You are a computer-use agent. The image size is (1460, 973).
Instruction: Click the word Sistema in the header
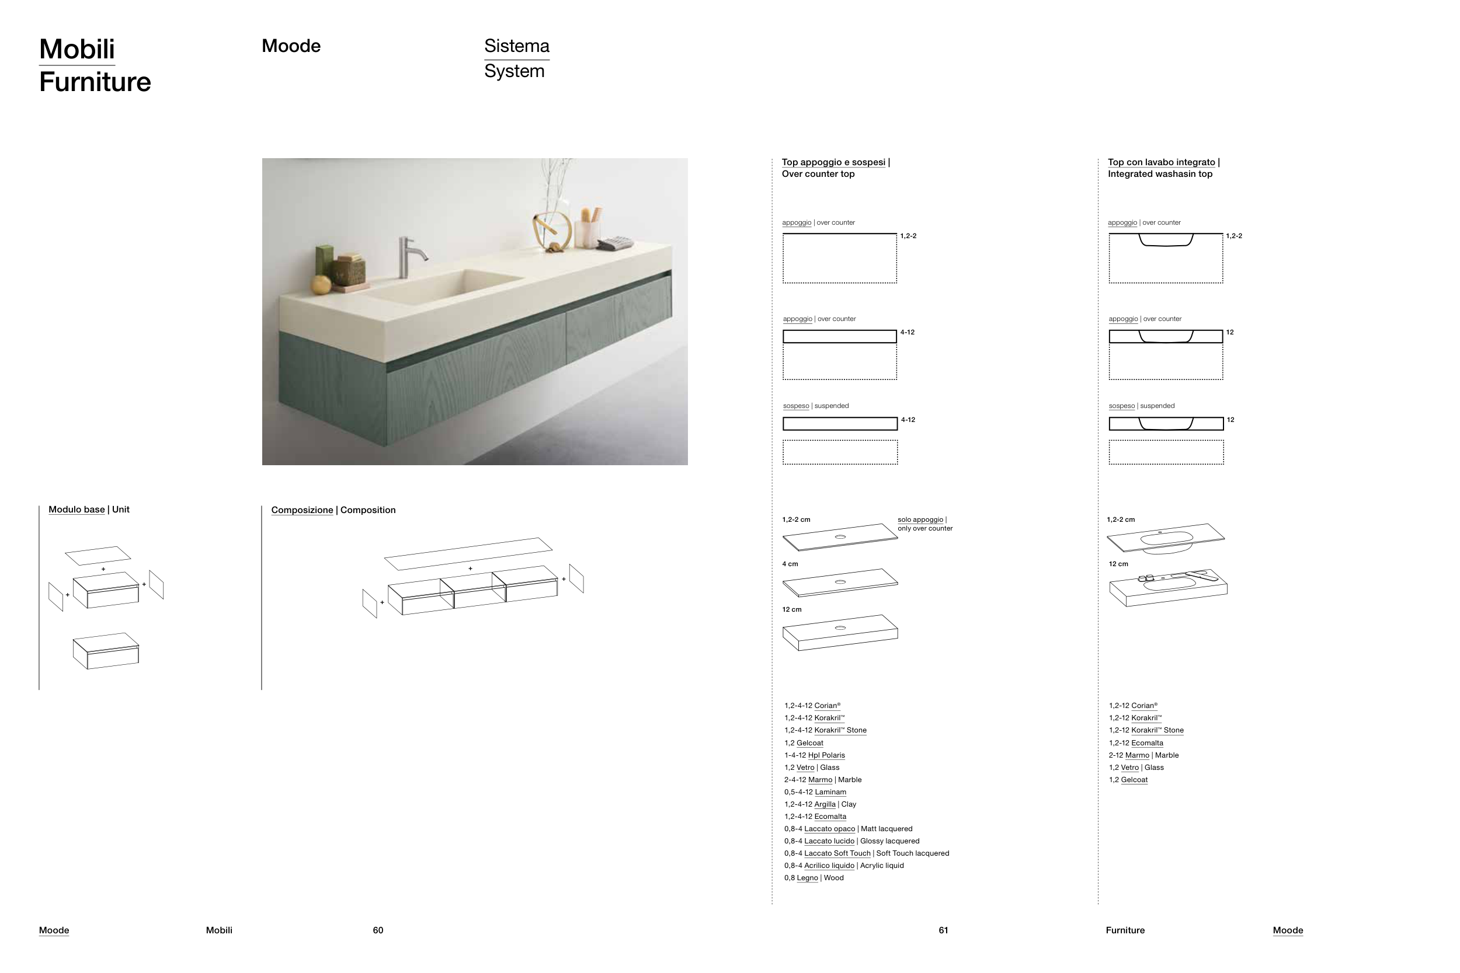point(516,46)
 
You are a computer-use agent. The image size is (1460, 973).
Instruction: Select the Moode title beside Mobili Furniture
point(290,46)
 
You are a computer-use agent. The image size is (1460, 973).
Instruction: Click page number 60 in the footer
point(378,930)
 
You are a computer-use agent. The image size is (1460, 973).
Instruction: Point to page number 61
point(943,930)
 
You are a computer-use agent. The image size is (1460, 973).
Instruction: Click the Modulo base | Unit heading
point(89,510)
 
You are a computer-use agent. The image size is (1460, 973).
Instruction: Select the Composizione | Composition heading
point(333,510)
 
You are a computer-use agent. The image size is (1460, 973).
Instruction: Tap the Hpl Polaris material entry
point(815,755)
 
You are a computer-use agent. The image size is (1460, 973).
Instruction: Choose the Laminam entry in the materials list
point(815,792)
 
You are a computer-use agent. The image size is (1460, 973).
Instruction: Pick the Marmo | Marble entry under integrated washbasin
point(1143,755)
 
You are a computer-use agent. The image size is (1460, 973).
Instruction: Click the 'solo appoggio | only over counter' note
point(924,524)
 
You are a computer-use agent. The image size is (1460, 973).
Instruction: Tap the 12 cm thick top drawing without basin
point(840,632)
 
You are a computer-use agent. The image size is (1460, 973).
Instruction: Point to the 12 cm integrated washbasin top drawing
point(1167,587)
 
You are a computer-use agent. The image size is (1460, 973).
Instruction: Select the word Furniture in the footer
point(1125,930)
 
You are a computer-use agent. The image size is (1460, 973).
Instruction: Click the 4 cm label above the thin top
point(790,564)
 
